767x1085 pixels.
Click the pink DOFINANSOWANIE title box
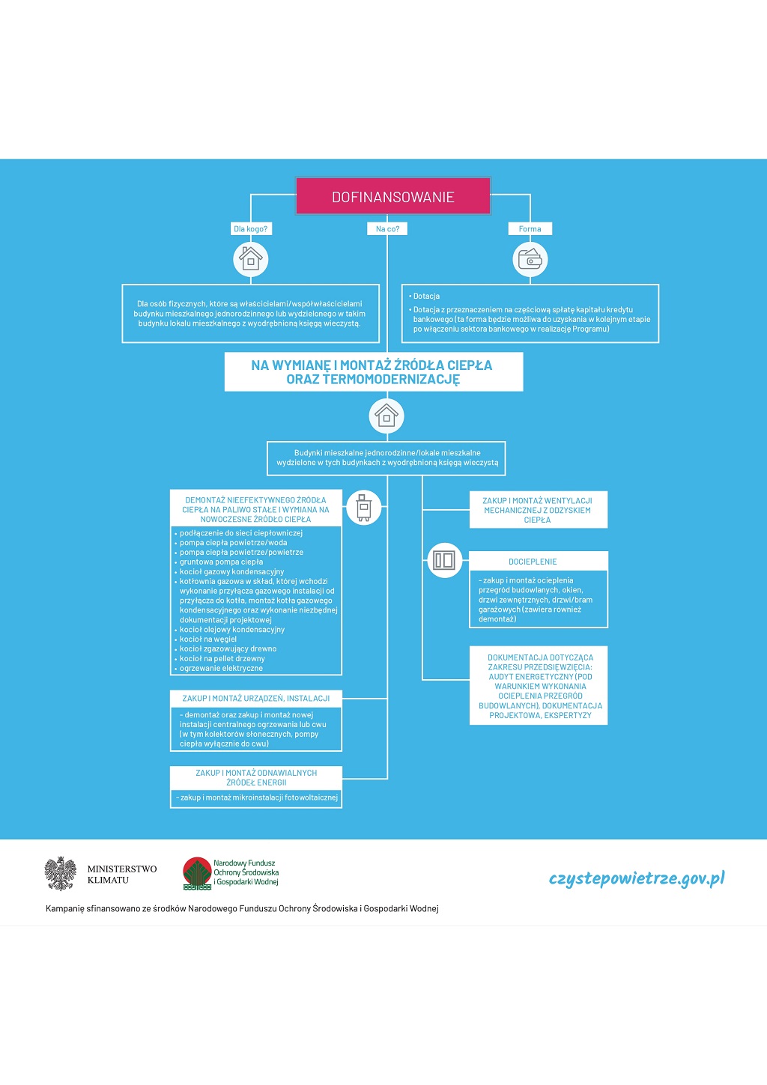pyautogui.click(x=393, y=197)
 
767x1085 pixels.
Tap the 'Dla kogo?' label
pyautogui.click(x=250, y=229)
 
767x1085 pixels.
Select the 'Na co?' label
pyautogui.click(x=387, y=229)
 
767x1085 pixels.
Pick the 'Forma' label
pyautogui.click(x=530, y=229)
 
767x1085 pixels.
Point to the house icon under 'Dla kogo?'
pyautogui.click(x=250, y=259)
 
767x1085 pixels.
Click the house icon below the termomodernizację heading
pyautogui.click(x=386, y=416)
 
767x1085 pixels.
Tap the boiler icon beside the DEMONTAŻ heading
pyautogui.click(x=364, y=507)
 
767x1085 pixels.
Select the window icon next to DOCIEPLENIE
pyautogui.click(x=444, y=560)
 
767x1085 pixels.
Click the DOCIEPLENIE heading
pyautogui.click(x=533, y=562)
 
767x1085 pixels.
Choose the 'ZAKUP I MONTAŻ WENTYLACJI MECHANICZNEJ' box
pyautogui.click(x=538, y=510)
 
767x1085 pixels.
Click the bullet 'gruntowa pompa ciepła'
pyautogui.click(x=221, y=562)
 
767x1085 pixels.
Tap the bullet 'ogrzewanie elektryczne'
pyautogui.click(x=221, y=668)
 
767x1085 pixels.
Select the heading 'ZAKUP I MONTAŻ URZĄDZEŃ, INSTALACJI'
pyautogui.click(x=256, y=698)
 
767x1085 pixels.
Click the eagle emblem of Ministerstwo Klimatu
pyautogui.click(x=61, y=874)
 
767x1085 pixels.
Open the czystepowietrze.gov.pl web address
pyautogui.click(x=637, y=878)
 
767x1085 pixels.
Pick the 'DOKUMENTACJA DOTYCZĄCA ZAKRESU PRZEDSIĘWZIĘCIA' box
pyautogui.click(x=540, y=686)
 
